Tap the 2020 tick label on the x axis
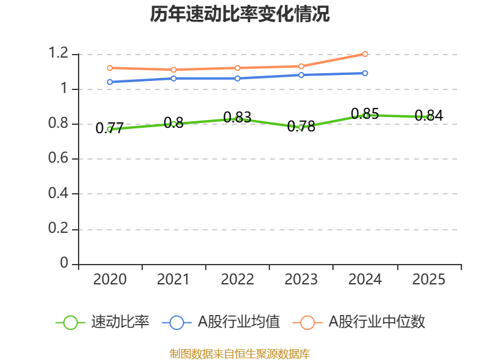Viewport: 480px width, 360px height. click(x=110, y=280)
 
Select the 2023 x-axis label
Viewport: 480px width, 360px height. click(x=301, y=280)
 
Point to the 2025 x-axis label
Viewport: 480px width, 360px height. click(x=429, y=280)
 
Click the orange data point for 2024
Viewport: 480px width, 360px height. click(x=365, y=54)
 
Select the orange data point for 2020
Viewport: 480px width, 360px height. click(x=110, y=68)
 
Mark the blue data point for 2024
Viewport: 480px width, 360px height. click(x=365, y=73)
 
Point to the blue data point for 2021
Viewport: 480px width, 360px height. click(x=173, y=78)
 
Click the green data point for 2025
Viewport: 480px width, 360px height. click(x=429, y=117)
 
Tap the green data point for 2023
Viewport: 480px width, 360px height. click(x=301, y=127)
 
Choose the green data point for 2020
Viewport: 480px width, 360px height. click(x=110, y=129)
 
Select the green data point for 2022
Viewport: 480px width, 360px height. click(x=238, y=119)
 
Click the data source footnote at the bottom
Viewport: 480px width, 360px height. click(x=239, y=353)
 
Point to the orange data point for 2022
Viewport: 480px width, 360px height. click(x=238, y=68)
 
